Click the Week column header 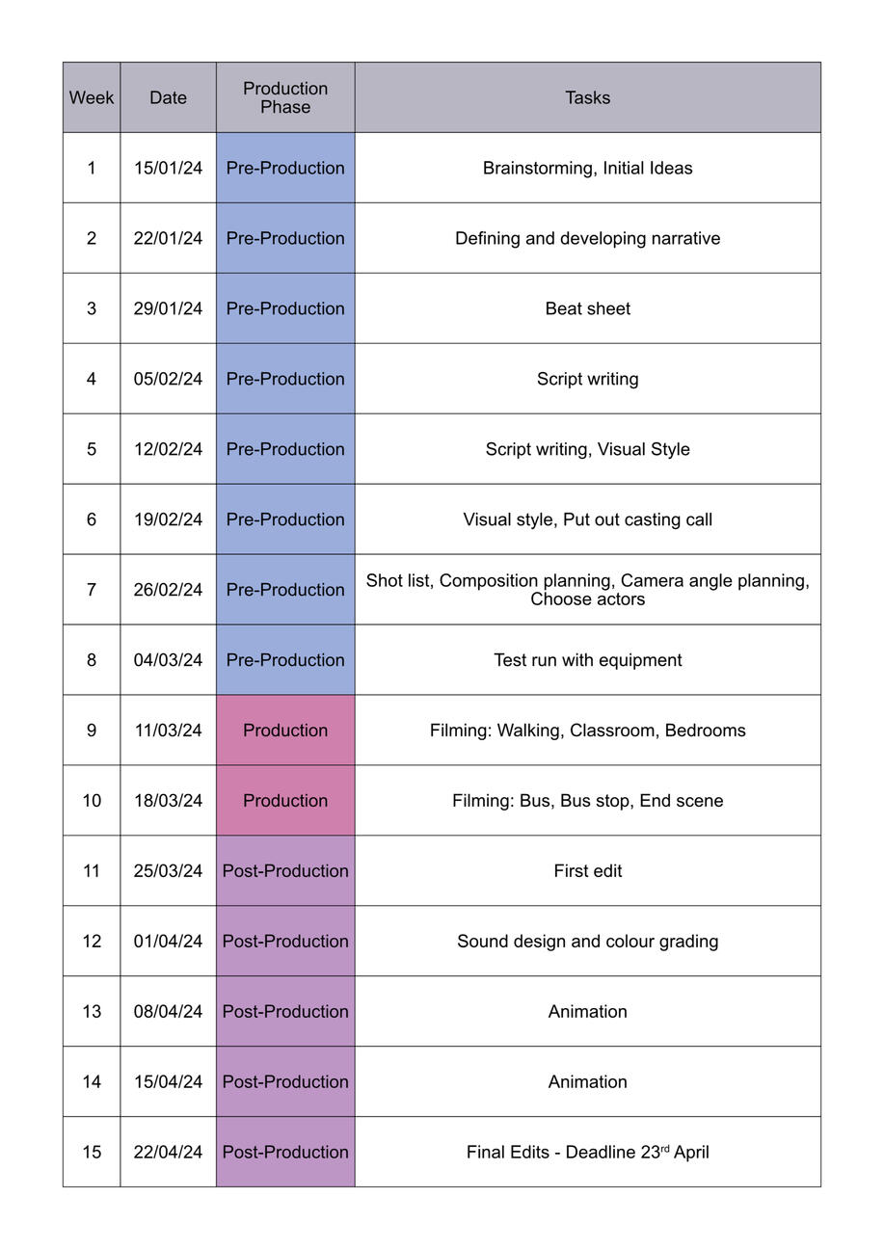(x=92, y=97)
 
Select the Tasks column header (x=587, y=97)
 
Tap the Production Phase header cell (x=285, y=97)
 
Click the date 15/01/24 (x=168, y=168)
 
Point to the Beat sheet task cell (x=587, y=308)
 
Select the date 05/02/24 (x=168, y=379)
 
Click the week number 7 (x=92, y=589)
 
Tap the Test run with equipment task (x=587, y=660)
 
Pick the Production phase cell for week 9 (x=285, y=731)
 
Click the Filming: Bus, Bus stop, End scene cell (x=587, y=801)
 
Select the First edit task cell (x=587, y=871)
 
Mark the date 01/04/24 (x=168, y=942)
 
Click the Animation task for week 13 (x=587, y=1012)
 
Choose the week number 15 (x=92, y=1152)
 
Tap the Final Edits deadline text (x=587, y=1152)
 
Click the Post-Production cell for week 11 (x=285, y=871)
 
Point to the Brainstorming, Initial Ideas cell (x=587, y=168)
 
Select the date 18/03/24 (x=168, y=801)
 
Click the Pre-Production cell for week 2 (x=285, y=238)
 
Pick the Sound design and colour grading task (x=587, y=942)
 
